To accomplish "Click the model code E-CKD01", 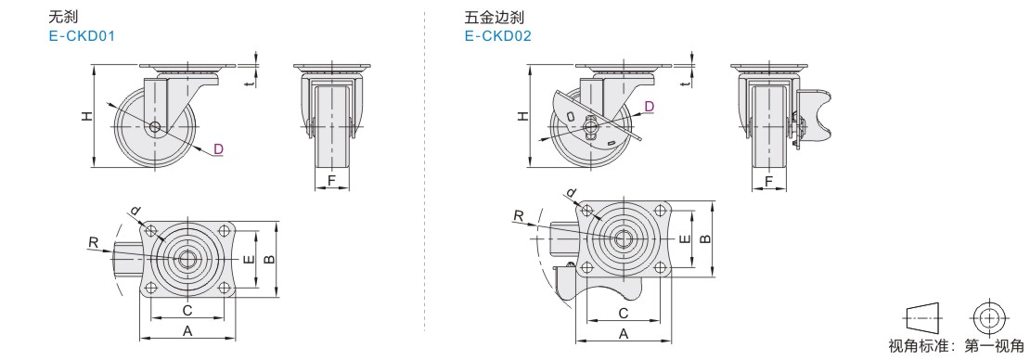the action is point(82,35).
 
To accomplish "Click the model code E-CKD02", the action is point(498,35).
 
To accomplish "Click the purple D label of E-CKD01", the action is point(219,149).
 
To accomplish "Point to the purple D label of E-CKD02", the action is point(649,107).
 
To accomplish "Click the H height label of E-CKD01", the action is point(86,116).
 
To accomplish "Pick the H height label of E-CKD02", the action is point(522,116).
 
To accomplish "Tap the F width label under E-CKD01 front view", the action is point(331,179).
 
